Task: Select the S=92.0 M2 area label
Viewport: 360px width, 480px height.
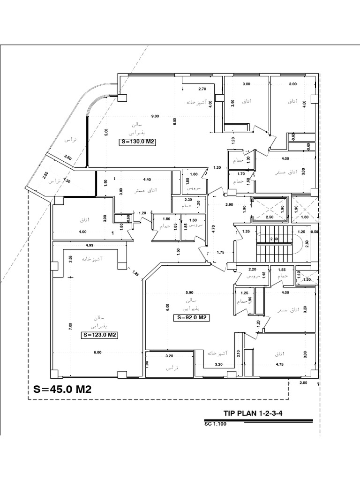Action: point(191,317)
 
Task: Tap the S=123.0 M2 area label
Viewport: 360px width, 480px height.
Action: point(99,335)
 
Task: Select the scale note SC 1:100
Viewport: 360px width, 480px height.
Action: point(216,424)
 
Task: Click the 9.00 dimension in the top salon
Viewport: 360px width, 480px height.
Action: point(155,116)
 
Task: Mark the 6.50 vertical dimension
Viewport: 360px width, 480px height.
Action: point(174,121)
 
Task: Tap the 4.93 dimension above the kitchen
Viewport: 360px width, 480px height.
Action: point(90,245)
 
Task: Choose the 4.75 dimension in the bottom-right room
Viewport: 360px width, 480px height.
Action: point(280,364)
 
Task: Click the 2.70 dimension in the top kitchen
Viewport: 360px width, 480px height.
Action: point(202,89)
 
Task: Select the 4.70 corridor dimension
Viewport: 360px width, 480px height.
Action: point(214,229)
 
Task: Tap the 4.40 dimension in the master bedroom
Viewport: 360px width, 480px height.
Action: point(146,179)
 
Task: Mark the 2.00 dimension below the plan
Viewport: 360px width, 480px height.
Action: point(303,383)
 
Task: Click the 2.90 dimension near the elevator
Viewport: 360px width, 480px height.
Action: point(229,205)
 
